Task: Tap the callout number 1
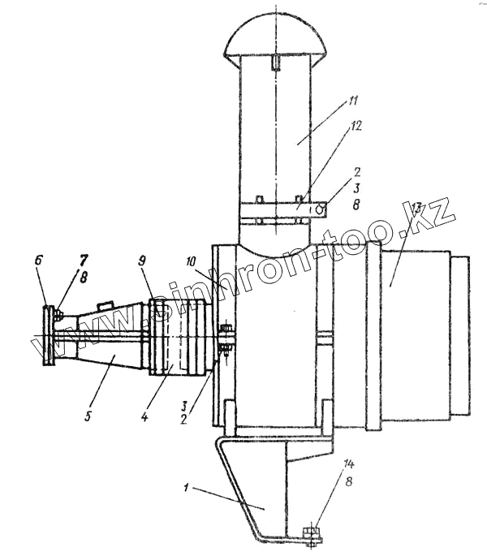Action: click(187, 489)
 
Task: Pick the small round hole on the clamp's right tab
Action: click(323, 209)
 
